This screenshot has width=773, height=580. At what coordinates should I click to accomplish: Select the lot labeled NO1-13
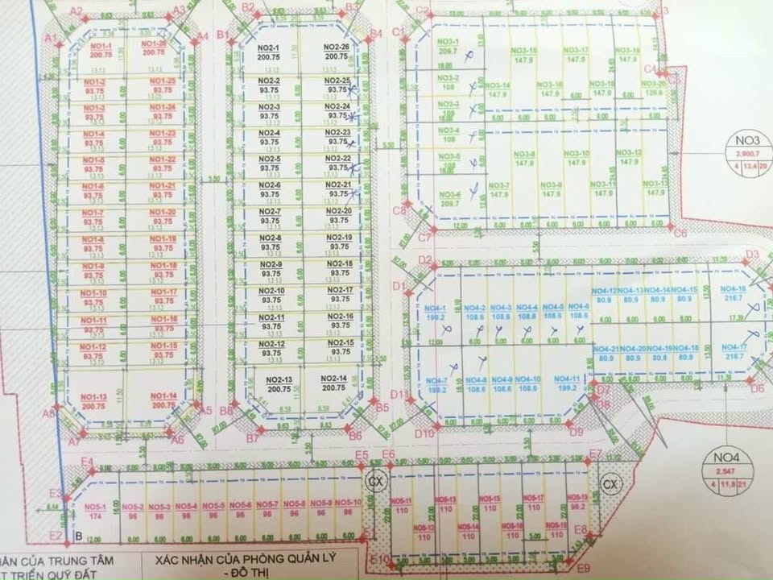tap(95, 396)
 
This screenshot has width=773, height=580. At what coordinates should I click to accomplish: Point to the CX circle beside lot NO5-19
tap(610, 484)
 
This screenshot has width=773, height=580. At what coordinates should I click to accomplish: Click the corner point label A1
tap(50, 39)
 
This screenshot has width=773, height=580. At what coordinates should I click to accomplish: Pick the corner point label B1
tap(222, 34)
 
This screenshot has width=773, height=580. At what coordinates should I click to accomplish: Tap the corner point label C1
tap(397, 31)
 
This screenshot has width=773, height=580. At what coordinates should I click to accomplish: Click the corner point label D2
tap(425, 259)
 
